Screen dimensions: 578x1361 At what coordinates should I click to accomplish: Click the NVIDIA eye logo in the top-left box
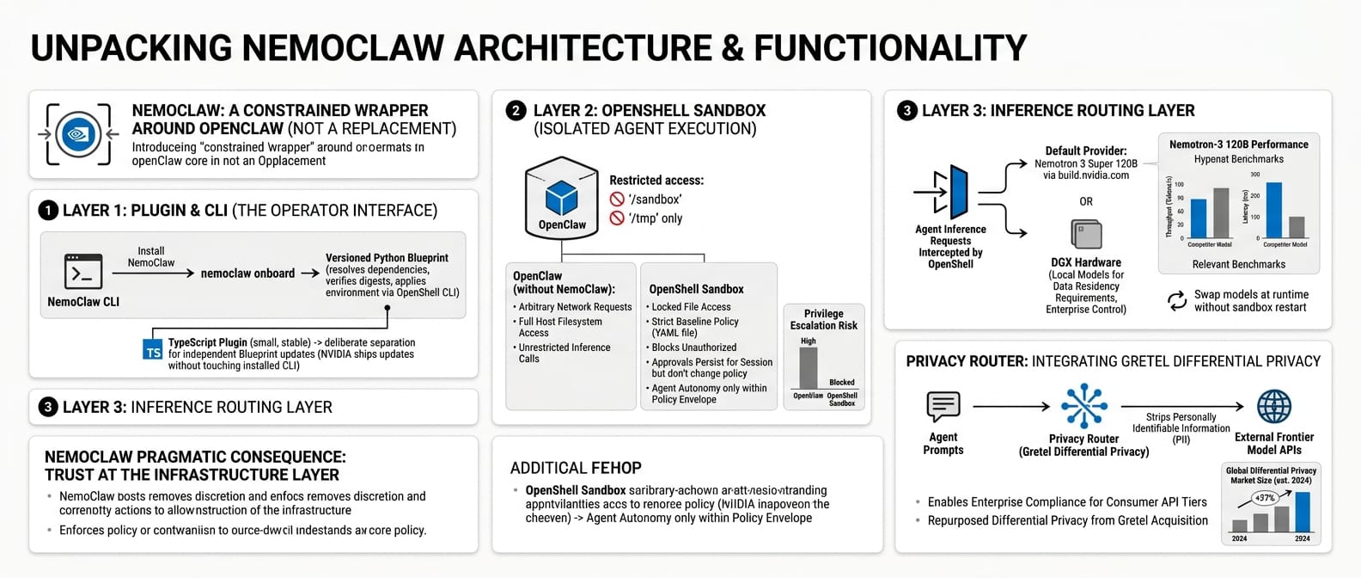pyautogui.click(x=78, y=135)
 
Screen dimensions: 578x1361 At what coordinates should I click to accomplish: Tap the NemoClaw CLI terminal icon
pyautogui.click(x=83, y=271)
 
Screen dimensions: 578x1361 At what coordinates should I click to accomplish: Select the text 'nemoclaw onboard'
pyautogui.click(x=247, y=274)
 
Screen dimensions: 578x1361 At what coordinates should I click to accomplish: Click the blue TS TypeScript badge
pyautogui.click(x=153, y=351)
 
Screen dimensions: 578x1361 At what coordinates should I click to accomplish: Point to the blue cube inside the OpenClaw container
pyautogui.click(x=562, y=197)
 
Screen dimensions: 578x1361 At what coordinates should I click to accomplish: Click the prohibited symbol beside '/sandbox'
pyautogui.click(x=617, y=200)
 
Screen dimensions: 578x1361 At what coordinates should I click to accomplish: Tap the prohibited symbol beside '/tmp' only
pyautogui.click(x=617, y=218)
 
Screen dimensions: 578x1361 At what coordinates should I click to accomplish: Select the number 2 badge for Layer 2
pyautogui.click(x=516, y=110)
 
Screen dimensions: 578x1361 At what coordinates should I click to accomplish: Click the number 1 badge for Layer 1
pyautogui.click(x=48, y=211)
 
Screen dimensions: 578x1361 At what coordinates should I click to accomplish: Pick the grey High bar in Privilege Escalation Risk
pyautogui.click(x=808, y=368)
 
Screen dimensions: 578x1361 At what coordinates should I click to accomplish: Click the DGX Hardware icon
pyautogui.click(x=1086, y=234)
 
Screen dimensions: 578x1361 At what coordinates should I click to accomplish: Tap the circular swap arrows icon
pyautogui.click(x=1176, y=301)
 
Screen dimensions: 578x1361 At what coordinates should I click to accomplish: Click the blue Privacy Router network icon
pyautogui.click(x=1083, y=406)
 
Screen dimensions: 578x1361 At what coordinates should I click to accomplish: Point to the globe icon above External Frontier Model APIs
pyautogui.click(x=1273, y=406)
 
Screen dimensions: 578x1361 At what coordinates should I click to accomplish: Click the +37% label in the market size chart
pyautogui.click(x=1265, y=498)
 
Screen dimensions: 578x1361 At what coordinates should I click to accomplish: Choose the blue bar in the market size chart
pyautogui.click(x=1303, y=512)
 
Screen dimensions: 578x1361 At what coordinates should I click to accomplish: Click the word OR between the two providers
pyautogui.click(x=1086, y=201)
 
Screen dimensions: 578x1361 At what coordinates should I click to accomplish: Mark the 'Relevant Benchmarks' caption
pyautogui.click(x=1239, y=264)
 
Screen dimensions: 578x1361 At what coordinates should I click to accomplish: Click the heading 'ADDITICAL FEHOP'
pyautogui.click(x=576, y=468)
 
